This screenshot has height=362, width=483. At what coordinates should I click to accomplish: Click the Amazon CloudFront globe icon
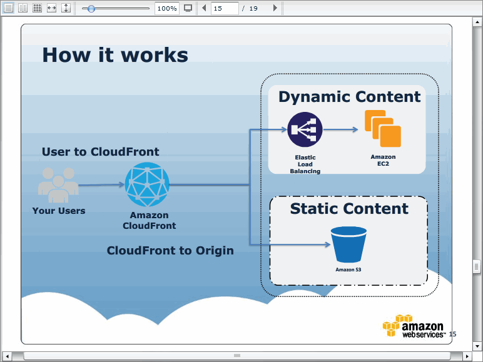coord(147,184)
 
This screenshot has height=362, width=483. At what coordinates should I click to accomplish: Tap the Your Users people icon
coord(58,184)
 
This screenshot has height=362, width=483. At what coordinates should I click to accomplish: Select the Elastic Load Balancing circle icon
coord(305,129)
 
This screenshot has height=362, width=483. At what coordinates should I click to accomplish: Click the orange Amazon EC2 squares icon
coord(383,128)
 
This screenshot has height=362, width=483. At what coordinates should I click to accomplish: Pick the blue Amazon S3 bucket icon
coord(348,244)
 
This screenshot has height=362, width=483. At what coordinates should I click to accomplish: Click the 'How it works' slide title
coord(115,55)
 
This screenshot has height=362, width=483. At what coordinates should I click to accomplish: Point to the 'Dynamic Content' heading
coord(349,97)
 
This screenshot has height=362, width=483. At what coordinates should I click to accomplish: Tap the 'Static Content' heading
coord(349,209)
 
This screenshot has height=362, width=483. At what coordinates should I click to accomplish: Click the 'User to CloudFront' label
coord(101,152)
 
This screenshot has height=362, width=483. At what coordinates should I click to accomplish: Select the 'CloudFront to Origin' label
coord(170,251)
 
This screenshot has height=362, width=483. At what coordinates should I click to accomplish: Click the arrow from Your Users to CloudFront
coord(101,184)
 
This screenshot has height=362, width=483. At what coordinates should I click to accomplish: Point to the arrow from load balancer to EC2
coord(340,129)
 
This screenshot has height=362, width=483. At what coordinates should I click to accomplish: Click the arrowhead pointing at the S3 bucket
coord(328,244)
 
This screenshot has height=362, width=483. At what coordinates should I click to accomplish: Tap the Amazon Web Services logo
coord(414,326)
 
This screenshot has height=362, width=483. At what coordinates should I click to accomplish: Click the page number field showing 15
coord(225,8)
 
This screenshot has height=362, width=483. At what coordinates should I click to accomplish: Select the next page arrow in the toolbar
coord(275,8)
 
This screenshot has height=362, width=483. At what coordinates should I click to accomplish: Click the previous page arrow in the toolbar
coord(204,8)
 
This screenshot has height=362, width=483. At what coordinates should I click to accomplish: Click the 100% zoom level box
coord(167,8)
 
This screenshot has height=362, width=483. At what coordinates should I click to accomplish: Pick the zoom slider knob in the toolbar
coord(91,9)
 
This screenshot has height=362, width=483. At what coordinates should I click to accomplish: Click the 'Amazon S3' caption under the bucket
coord(348,269)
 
